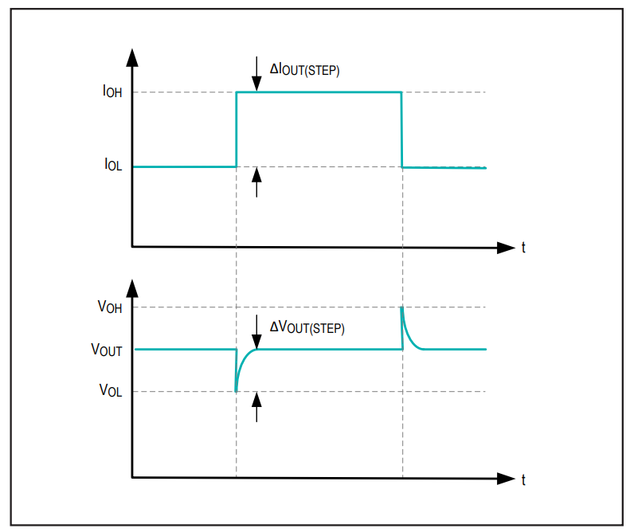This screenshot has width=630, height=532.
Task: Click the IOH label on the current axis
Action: [112, 92]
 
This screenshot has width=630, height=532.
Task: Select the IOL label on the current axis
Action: [113, 164]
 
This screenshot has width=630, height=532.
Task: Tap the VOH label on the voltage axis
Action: [110, 307]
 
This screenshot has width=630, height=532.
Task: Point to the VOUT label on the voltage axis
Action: [107, 349]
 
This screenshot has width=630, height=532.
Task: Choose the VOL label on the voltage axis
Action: [111, 390]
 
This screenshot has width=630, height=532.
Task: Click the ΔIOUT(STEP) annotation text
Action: [304, 69]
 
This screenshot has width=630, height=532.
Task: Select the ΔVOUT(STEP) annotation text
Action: [307, 327]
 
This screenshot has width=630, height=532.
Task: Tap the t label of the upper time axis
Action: [523, 247]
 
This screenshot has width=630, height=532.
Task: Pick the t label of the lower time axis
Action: [523, 479]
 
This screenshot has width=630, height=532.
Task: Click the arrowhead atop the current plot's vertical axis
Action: [132, 57]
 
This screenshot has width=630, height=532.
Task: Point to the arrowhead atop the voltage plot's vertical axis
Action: [132, 288]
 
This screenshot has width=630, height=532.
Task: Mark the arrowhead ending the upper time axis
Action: [506, 248]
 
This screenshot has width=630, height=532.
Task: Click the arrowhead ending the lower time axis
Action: [506, 479]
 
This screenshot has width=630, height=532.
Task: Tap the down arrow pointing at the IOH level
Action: [256, 74]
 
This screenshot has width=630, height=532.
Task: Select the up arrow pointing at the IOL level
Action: [256, 182]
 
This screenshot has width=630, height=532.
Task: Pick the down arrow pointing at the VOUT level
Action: [256, 332]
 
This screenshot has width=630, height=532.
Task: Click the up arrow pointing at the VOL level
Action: [256, 407]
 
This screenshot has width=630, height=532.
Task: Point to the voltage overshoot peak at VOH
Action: [401, 307]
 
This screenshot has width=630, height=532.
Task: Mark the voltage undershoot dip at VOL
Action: [236, 390]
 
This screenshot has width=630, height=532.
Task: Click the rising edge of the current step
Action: [237, 129]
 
